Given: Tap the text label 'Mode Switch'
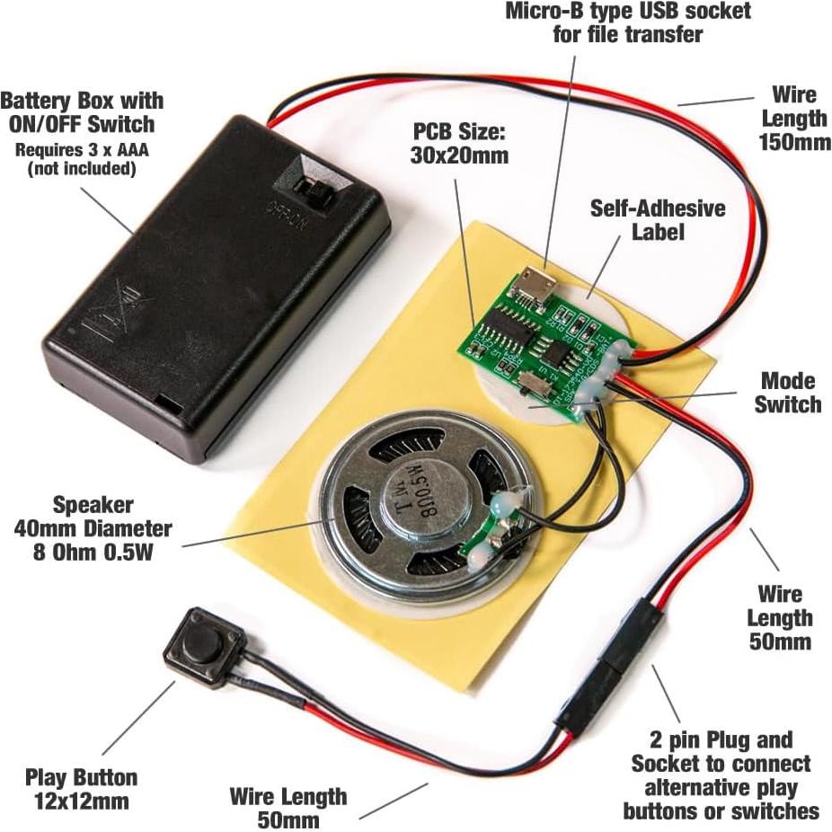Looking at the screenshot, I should click(x=787, y=392).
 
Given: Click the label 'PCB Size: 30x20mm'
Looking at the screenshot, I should click(x=460, y=143).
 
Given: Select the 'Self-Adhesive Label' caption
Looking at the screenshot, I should click(x=657, y=219).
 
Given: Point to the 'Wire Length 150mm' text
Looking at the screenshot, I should click(x=792, y=118).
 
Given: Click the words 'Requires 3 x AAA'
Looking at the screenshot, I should click(x=81, y=149).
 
